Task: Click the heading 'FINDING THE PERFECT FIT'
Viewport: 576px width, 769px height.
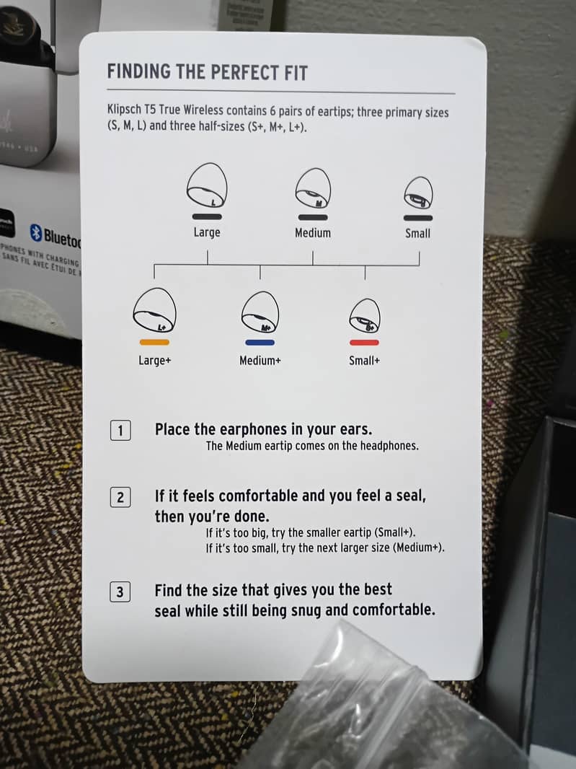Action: click(207, 72)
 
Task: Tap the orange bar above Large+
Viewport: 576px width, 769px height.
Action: click(154, 342)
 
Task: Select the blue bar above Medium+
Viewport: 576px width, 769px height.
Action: click(260, 342)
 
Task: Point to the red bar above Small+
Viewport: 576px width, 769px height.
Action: click(364, 342)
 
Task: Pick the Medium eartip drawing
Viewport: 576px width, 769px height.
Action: click(313, 188)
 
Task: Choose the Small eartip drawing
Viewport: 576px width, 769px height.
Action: click(418, 193)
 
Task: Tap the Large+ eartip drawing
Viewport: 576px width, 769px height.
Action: click(154, 310)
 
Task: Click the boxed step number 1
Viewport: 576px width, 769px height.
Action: click(120, 431)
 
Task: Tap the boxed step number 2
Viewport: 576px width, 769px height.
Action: click(120, 497)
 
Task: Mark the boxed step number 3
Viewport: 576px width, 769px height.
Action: click(120, 592)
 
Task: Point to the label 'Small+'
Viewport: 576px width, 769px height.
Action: click(364, 361)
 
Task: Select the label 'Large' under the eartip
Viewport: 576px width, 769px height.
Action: click(207, 232)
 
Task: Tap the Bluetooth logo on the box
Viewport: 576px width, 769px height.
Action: click(36, 233)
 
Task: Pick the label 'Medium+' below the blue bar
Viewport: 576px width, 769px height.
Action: click(260, 361)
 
